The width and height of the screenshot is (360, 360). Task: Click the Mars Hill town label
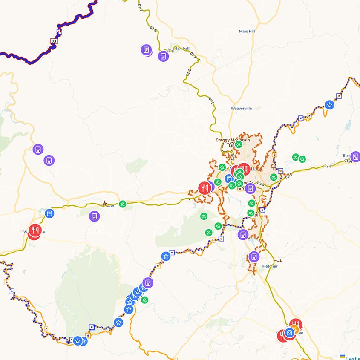pos(247,31)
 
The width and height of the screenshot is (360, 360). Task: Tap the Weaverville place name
pos(241,108)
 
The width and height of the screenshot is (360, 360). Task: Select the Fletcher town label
pos(269,266)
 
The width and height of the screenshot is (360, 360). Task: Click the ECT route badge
pos(54,41)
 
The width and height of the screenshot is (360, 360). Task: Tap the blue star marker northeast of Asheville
pos(329,104)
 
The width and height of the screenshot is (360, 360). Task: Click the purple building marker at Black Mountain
pos(355,157)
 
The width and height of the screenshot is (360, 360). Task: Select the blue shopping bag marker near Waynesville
pos(49,213)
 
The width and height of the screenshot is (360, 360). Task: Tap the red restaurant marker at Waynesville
pos(35,231)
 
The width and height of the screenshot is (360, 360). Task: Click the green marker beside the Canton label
pos(123,204)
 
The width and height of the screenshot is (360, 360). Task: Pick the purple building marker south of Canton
pos(95,216)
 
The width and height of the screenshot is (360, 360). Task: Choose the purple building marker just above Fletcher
pos(253,256)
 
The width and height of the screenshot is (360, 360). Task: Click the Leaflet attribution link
pos(353,358)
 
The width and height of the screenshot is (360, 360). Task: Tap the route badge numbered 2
pos(46,328)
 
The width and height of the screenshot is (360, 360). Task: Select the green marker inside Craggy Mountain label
pos(239,144)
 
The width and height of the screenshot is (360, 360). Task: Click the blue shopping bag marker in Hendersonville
pos(290,333)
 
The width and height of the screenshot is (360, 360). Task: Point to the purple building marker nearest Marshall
pos(163,56)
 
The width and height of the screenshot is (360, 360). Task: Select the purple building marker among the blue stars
pos(147,282)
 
